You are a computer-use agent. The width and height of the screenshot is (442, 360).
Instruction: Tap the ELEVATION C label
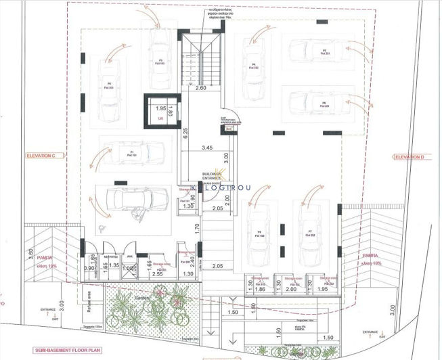pyautogui.click(x=44, y=156)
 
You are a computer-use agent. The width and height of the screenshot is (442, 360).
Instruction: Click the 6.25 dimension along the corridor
pyautogui.click(x=184, y=133)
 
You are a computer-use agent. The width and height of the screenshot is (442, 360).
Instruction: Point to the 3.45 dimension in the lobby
pyautogui.click(x=207, y=148)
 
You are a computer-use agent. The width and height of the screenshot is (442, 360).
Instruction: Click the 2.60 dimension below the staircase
pyautogui.click(x=200, y=89)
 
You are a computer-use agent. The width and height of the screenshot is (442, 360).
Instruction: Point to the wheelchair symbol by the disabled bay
pyautogui.click(x=101, y=229)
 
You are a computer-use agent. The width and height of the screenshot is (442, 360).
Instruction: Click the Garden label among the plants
pyautogui.click(x=141, y=298)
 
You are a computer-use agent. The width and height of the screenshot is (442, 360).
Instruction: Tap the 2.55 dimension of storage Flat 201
pyautogui.click(x=158, y=273)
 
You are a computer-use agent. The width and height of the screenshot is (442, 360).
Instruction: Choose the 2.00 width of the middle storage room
pyautogui.click(x=292, y=289)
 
